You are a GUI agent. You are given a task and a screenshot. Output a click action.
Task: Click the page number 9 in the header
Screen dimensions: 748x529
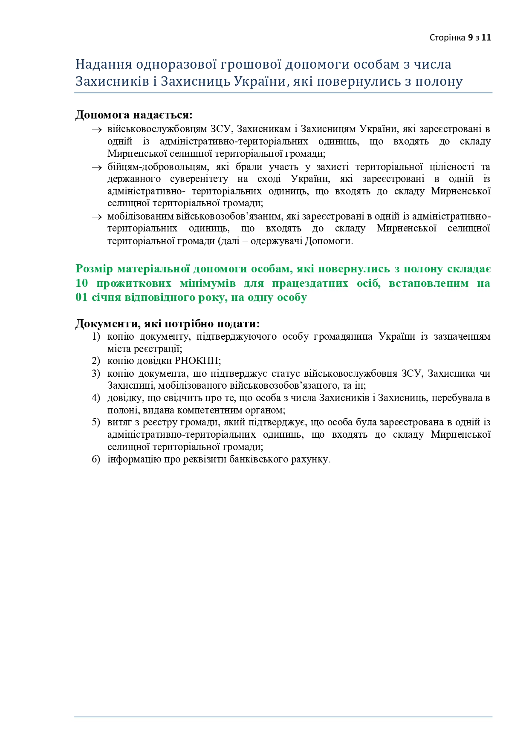(x=470, y=38)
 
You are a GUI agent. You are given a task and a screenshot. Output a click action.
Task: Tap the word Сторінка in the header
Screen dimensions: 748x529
(x=448, y=38)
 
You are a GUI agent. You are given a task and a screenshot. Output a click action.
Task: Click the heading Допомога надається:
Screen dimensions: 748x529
(x=134, y=115)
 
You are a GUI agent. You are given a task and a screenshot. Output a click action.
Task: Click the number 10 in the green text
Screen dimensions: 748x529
(x=81, y=283)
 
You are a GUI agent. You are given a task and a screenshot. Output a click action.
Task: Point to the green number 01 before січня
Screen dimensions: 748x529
(x=81, y=297)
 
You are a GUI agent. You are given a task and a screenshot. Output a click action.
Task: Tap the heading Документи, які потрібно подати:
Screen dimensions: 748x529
(x=168, y=324)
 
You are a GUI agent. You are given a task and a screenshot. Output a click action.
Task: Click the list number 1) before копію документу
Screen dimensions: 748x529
(x=95, y=337)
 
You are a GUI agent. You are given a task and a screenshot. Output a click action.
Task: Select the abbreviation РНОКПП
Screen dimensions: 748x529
(x=197, y=361)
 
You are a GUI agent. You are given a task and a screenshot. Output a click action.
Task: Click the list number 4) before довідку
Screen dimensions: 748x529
(x=95, y=398)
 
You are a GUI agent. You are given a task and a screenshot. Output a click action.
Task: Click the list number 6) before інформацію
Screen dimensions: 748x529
(x=95, y=459)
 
